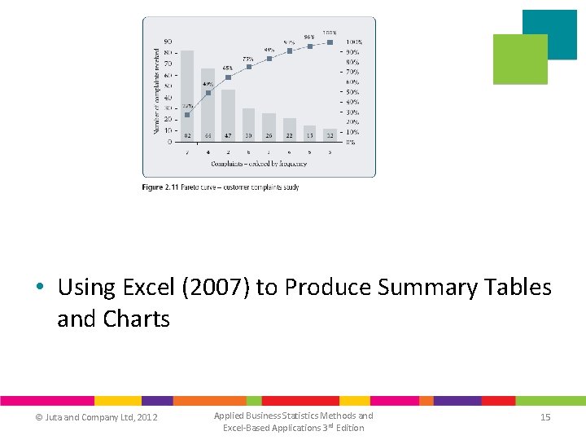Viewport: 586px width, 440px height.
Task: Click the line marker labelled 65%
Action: pos(228,77)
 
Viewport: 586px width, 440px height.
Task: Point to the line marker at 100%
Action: pos(330,42)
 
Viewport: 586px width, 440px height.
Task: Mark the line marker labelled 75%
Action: pos(249,67)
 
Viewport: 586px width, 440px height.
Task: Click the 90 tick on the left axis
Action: pos(168,42)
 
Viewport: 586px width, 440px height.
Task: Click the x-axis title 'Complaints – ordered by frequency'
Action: pos(259,164)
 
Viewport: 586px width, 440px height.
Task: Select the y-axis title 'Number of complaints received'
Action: pos(157,90)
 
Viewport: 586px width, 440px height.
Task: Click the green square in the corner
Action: pos(520,59)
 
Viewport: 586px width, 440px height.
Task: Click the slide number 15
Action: pos(545,417)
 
